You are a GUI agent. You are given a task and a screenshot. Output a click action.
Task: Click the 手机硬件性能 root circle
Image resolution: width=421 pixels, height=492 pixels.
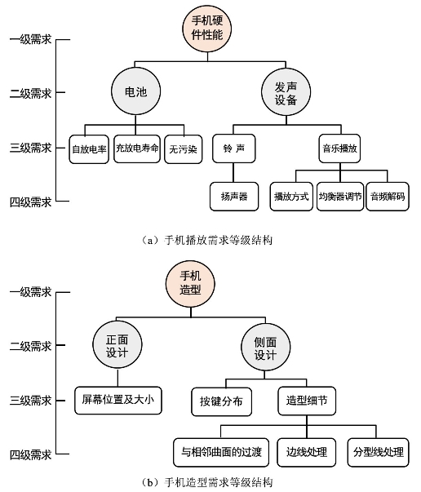207,28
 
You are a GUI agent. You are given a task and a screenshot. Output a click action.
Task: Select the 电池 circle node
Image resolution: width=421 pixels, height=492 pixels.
135,91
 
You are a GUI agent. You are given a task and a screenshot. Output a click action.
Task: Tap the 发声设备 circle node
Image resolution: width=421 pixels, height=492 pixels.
286,92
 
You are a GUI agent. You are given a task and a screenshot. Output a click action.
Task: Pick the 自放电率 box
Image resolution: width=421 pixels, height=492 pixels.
89,149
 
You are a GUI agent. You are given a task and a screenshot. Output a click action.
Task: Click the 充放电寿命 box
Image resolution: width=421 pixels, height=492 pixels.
137,148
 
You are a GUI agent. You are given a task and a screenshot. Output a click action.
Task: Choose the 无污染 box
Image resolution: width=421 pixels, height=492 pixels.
184,149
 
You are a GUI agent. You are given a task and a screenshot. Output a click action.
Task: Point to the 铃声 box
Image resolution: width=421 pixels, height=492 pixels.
233,148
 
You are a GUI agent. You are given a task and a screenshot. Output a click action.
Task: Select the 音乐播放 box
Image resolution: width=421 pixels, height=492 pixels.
339,148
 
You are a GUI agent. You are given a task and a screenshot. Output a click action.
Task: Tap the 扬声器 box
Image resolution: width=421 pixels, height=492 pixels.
234,197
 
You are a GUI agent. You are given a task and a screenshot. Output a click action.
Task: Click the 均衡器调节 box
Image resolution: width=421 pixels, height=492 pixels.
340,197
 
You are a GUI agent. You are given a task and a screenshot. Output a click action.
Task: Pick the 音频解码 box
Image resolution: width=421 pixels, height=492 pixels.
388,197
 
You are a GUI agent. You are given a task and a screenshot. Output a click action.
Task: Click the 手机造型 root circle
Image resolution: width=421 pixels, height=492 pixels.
190,283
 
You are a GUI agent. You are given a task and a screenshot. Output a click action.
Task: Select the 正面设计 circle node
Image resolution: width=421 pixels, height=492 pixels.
117,345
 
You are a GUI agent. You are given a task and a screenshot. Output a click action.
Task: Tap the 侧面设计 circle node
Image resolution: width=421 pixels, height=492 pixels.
265,348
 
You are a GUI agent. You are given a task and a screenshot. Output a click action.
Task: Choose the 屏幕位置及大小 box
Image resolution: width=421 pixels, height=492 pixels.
118,401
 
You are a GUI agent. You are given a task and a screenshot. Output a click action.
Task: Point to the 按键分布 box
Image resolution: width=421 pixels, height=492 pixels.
221,402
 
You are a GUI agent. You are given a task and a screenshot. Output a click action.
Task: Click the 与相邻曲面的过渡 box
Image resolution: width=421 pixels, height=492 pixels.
221,453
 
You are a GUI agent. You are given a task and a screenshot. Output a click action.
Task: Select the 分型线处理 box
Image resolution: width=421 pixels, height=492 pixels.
379,453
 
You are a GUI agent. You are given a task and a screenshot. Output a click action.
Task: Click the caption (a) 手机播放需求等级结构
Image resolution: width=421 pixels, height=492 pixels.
207,241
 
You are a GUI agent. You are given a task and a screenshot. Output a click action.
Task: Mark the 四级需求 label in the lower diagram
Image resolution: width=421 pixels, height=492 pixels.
30,454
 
